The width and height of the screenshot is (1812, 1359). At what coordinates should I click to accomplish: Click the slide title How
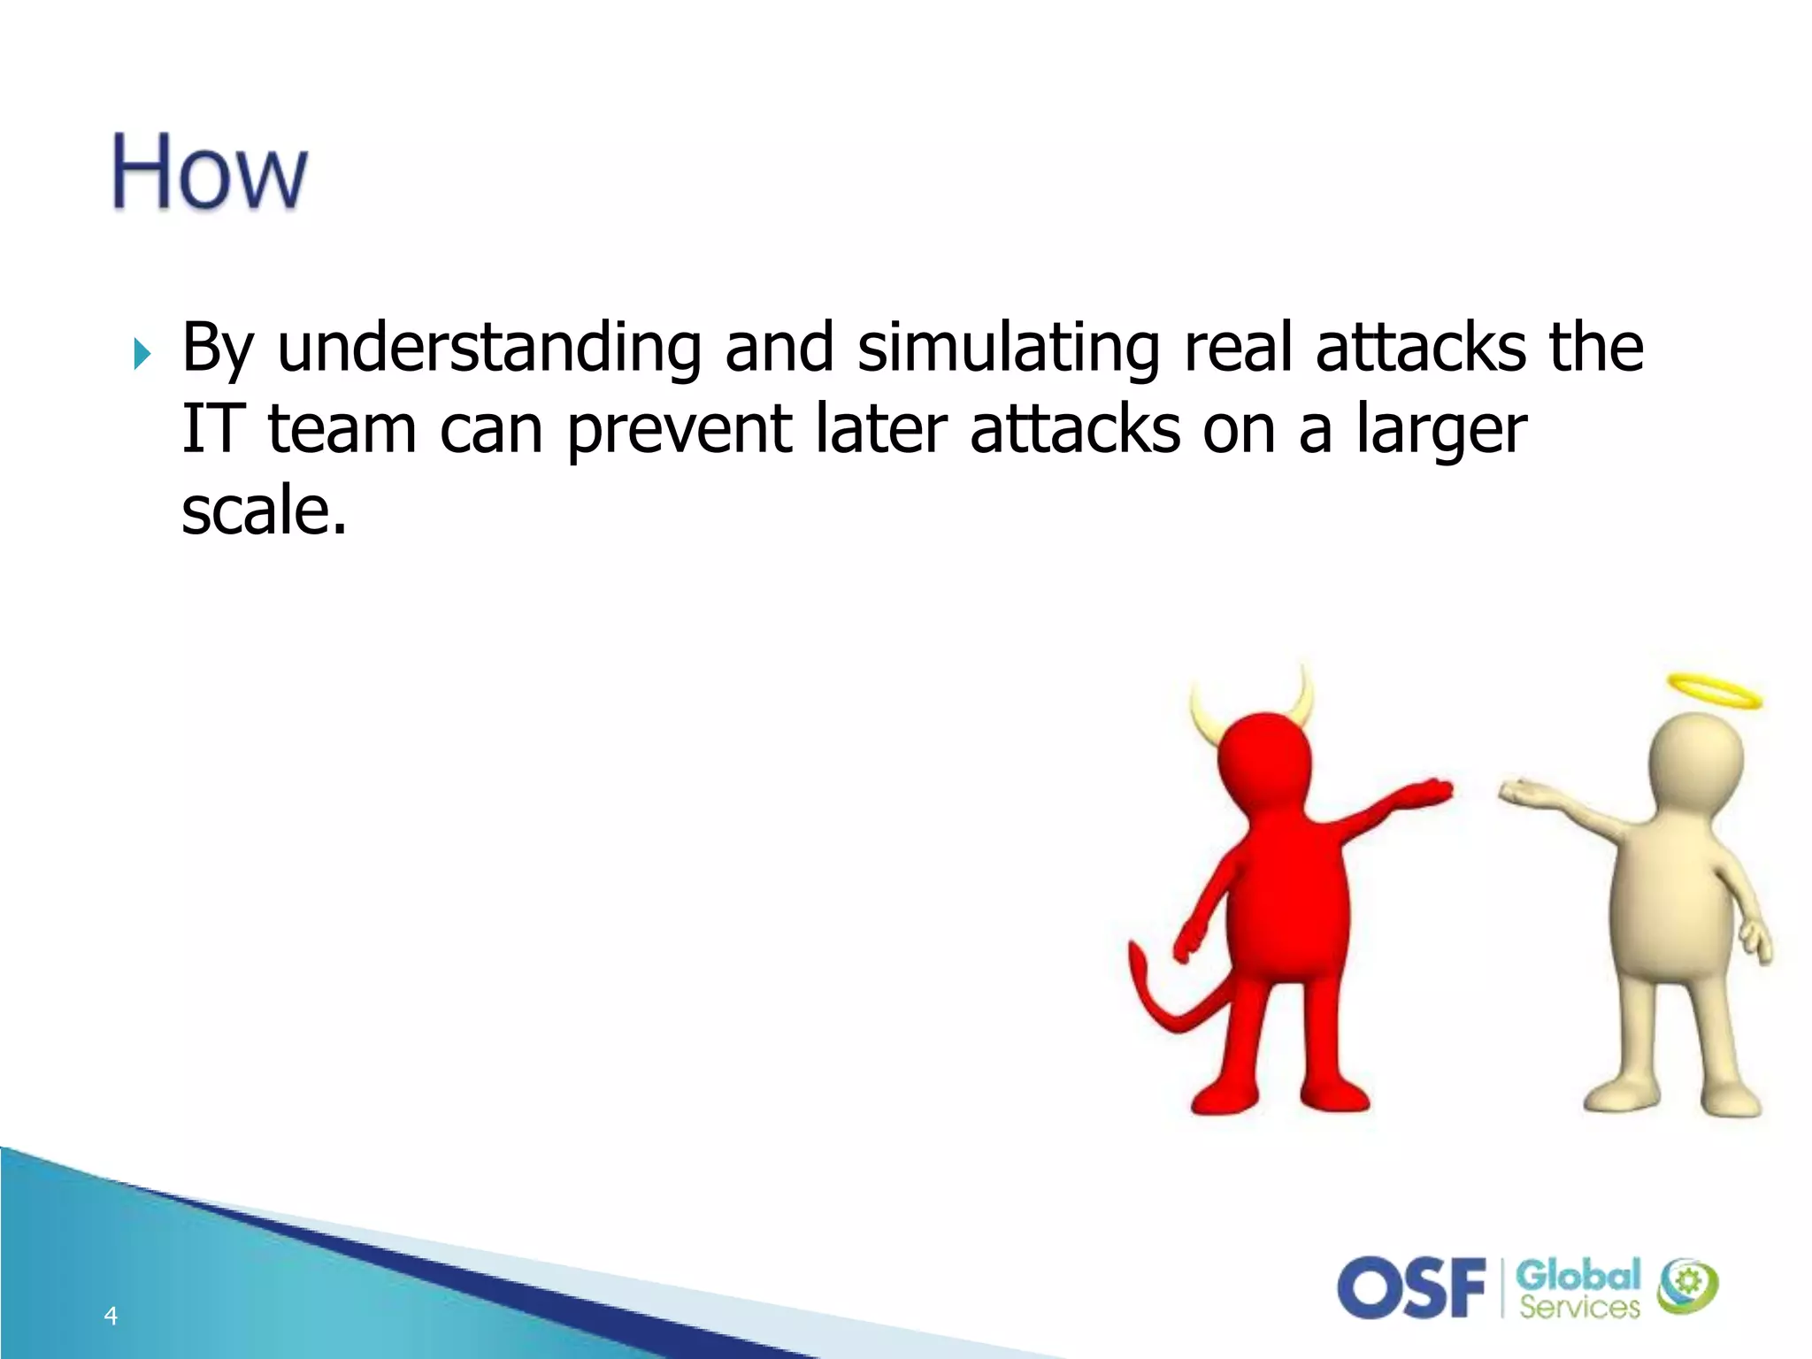pos(210,172)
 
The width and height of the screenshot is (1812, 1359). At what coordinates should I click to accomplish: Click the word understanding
pos(489,348)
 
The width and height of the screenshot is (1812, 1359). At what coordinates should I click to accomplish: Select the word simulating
pos(1008,348)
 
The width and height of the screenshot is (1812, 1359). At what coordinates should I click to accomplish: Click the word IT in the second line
pos(211,429)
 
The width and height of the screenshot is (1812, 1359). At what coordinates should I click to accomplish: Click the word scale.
pos(263,511)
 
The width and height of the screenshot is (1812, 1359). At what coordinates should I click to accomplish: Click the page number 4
pos(111,1316)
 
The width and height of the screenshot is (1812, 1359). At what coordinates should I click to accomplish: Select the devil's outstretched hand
pos(1424,790)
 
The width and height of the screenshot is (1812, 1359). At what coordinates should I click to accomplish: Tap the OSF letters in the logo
pos(1412,1287)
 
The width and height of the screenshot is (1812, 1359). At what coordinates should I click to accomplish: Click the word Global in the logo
pos(1578,1276)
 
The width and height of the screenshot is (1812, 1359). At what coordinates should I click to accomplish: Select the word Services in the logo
pos(1579,1307)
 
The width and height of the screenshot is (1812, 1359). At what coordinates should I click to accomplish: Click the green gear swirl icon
pos(1687,1286)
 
